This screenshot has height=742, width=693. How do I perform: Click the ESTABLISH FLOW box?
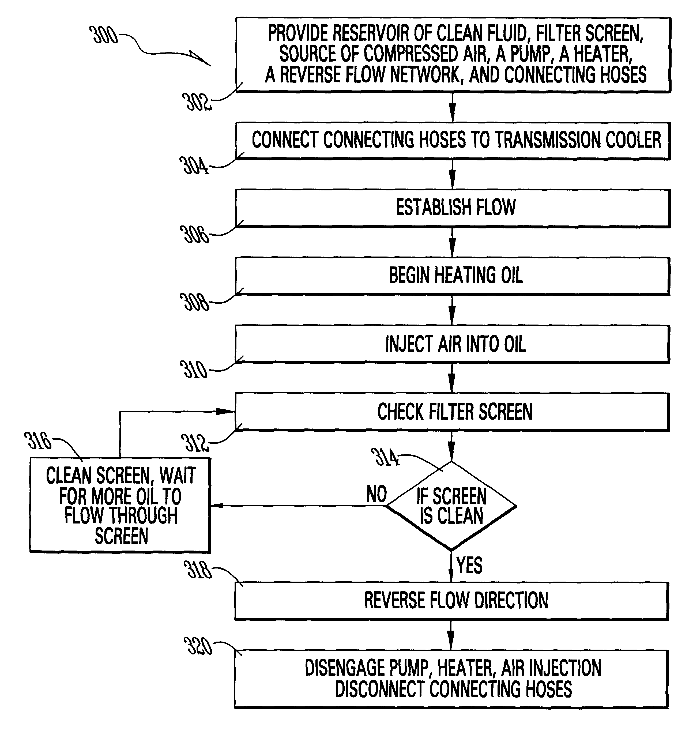coord(453,208)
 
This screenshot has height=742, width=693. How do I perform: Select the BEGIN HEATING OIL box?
coord(453,276)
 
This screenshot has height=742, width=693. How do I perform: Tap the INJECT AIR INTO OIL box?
coord(453,344)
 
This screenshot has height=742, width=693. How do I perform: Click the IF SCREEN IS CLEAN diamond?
coord(451,506)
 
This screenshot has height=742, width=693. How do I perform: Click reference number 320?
coord(198,646)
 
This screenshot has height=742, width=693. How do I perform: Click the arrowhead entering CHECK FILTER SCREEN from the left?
coord(226,411)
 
